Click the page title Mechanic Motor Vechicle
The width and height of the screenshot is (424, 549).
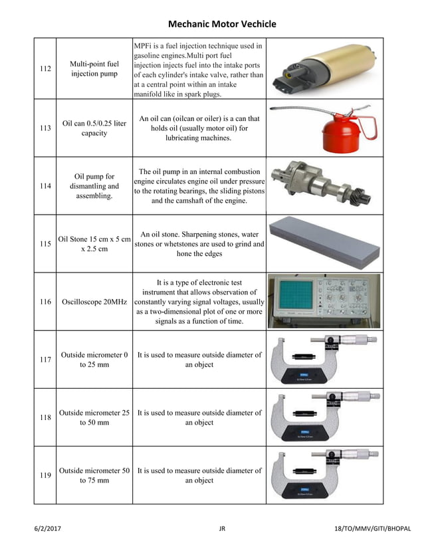[221, 25]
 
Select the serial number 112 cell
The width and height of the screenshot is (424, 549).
[45, 68]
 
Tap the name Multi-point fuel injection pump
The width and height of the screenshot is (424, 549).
[94, 68]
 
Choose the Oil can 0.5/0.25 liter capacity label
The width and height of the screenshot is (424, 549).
[94, 128]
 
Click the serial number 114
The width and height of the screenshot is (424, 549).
[45, 186]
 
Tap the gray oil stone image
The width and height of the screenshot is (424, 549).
[324, 243]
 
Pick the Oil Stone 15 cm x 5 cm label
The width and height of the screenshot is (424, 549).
[94, 244]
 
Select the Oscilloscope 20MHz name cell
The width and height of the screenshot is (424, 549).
[94, 302]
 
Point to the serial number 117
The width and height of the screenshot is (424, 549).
[45, 360]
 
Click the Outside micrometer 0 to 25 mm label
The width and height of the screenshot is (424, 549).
[94, 360]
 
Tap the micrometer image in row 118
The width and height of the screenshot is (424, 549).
[324, 417]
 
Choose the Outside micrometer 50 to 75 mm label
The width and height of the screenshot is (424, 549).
[94, 475]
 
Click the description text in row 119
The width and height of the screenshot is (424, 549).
[199, 475]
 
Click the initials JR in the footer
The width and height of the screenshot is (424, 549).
[222, 528]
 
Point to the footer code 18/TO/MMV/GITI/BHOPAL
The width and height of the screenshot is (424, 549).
[372, 528]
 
